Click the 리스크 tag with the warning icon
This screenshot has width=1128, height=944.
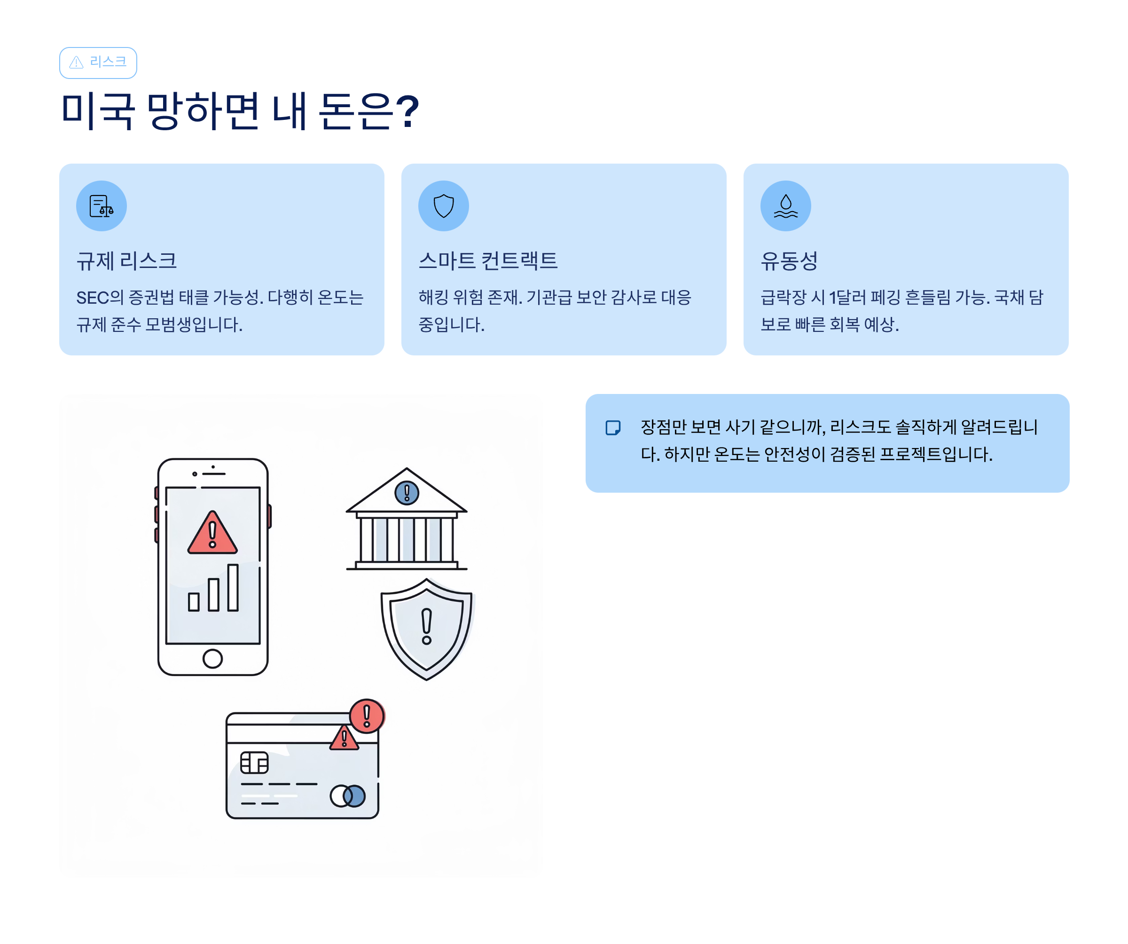(x=98, y=63)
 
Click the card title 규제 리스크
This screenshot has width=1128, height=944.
(x=126, y=261)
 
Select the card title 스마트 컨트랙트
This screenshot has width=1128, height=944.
(x=488, y=261)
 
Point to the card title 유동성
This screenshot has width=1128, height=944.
(x=789, y=261)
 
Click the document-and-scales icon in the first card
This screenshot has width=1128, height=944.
(x=101, y=206)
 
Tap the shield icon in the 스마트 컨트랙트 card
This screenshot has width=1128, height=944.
(x=444, y=206)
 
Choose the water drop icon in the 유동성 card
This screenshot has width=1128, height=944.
(x=785, y=206)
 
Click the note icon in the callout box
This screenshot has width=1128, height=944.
(x=613, y=428)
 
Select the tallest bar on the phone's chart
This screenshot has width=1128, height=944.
(x=233, y=587)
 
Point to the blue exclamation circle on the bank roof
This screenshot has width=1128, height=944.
(x=407, y=493)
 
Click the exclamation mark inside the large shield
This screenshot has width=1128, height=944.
(x=426, y=626)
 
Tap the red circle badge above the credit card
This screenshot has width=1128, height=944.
(x=367, y=716)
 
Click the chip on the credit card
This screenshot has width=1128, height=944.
(x=254, y=763)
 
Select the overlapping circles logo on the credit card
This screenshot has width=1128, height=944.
(x=347, y=796)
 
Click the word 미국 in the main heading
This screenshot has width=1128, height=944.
(x=97, y=112)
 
